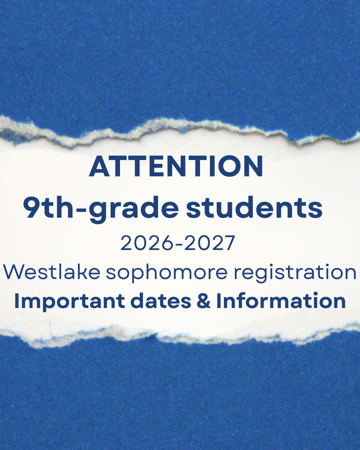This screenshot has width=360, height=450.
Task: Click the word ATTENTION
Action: click(x=176, y=166)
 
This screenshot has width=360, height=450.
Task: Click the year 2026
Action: click(x=148, y=243)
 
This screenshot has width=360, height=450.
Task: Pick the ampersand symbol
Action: click(x=204, y=301)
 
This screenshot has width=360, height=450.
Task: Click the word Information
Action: click(x=281, y=301)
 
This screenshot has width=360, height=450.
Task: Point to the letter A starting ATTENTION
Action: click(x=99, y=166)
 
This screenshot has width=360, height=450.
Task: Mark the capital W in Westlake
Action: click(x=14, y=272)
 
